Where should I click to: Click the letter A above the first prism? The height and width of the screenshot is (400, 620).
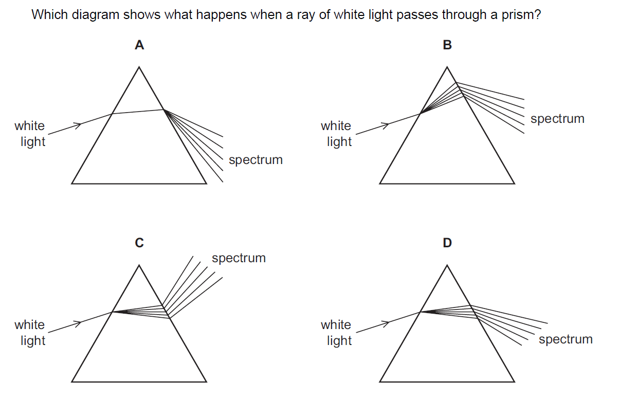[x=139, y=45]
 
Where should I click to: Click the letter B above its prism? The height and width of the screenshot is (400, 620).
[x=447, y=45]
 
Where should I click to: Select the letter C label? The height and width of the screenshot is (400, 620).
[x=139, y=243]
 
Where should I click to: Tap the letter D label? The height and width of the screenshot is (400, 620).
[x=447, y=243]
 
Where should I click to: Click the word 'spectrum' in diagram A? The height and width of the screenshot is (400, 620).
[x=256, y=160]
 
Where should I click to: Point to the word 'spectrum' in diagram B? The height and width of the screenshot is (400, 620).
[x=557, y=119]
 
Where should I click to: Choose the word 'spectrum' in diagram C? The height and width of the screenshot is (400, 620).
[x=239, y=258]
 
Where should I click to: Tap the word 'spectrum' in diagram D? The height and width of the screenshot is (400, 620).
[x=566, y=339]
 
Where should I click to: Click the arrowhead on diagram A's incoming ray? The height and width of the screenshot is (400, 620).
[x=79, y=124]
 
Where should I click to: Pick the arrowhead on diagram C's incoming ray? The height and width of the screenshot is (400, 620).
[x=79, y=323]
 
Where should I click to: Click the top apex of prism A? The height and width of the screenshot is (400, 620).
[x=139, y=66]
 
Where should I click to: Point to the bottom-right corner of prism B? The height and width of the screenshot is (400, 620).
[x=514, y=183]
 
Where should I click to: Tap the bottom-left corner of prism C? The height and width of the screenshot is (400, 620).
[x=72, y=381]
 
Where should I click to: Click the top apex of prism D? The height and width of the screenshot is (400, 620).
[x=447, y=265]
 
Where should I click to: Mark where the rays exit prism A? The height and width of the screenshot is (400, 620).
[x=164, y=110]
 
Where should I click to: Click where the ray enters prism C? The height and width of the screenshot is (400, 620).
[x=113, y=312]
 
